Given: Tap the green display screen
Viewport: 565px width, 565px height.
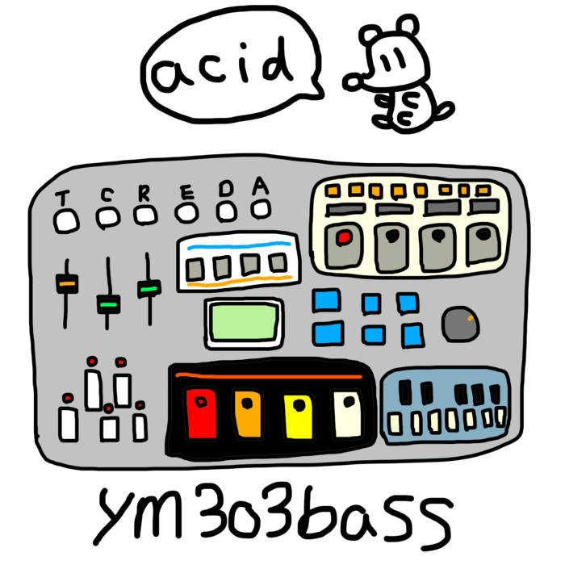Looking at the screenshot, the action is pos(245,322).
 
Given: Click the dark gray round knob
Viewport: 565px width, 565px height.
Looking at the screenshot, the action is pos(461,324).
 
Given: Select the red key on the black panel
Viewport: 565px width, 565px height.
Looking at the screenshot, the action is pos(202,413).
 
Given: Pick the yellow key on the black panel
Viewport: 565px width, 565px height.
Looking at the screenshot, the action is pos(299,417).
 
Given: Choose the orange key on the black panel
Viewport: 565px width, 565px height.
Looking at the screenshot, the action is pos(248,414).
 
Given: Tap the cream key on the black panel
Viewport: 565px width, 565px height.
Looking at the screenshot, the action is pos(347,414).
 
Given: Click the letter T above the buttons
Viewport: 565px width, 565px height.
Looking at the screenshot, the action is pos(62,198).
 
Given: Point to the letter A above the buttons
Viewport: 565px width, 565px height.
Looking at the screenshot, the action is pos(260,186).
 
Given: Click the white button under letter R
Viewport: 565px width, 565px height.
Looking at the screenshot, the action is pos(145,216).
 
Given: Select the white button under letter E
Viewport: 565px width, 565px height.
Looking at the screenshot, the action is pos(186,212).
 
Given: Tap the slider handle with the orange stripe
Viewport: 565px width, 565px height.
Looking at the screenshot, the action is pos(67,284).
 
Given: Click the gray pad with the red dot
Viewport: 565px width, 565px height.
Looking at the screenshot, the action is pos(344,245).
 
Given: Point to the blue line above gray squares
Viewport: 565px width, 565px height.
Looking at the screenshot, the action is pos(239,246).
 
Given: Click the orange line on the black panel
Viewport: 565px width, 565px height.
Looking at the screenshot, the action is pos(269,376).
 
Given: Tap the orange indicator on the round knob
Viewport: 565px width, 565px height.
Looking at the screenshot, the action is pos(470,318).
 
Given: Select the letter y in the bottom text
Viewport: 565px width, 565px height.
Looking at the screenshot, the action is pos(115,515).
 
